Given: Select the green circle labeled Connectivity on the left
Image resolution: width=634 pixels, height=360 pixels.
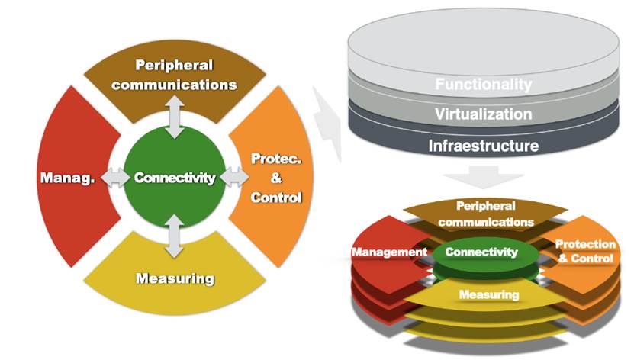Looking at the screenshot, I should pos(175,178).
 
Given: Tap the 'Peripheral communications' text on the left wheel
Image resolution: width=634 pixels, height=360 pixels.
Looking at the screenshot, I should pos(175,75).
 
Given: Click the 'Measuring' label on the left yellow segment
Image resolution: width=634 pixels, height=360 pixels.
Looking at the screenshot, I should pos(175,278).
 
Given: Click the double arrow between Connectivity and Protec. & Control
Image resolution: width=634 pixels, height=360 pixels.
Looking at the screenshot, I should pos(233,178).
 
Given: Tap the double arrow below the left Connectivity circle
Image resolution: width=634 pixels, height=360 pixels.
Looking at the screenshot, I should pos(175,236).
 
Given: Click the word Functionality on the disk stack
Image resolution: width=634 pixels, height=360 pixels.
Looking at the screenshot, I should pos(483,84).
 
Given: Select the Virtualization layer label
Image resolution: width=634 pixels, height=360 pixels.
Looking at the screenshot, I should pos(483,114).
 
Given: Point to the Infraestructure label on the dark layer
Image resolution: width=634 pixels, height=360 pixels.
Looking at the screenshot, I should pos(483,145).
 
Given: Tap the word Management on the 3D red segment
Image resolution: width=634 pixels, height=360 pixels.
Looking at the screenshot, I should pos(389,252).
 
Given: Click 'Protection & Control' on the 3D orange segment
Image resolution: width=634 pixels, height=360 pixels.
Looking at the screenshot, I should pos(585,252).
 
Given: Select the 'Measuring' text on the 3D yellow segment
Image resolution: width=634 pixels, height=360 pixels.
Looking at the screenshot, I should pos(488,294).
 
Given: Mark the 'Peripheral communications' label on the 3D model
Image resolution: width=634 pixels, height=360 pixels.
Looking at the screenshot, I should pos(485,214).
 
